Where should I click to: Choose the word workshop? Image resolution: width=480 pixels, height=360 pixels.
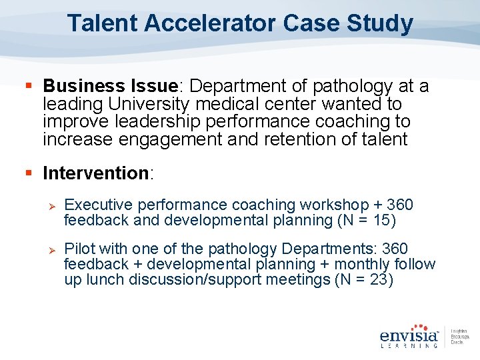334,205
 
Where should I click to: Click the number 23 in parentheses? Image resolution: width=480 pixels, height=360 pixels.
377,280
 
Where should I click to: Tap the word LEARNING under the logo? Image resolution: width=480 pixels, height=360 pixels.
409,345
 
